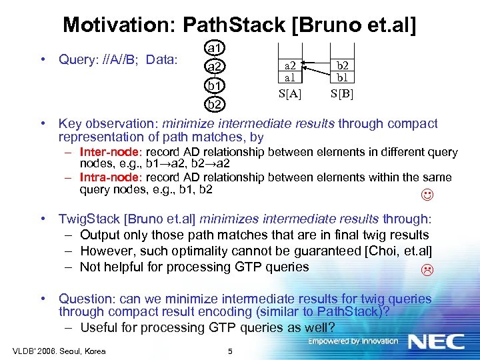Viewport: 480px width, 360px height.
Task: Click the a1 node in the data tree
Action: pos(215,48)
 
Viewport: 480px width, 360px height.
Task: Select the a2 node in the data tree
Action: pos(215,67)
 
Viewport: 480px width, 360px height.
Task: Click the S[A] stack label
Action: pos(289,93)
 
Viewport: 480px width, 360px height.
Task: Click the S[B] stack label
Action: pos(341,93)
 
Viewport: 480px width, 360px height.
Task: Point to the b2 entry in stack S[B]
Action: pos(341,66)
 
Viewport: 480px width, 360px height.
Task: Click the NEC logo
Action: pos(436,341)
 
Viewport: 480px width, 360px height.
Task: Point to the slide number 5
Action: pos(229,351)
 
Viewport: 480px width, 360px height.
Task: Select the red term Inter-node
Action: pos(105,152)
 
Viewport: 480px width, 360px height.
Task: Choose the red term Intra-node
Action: pos(105,177)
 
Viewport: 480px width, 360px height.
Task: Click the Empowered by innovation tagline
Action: pos(353,341)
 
